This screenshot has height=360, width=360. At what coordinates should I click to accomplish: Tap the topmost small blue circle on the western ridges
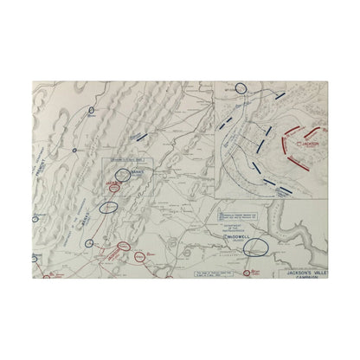92,111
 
